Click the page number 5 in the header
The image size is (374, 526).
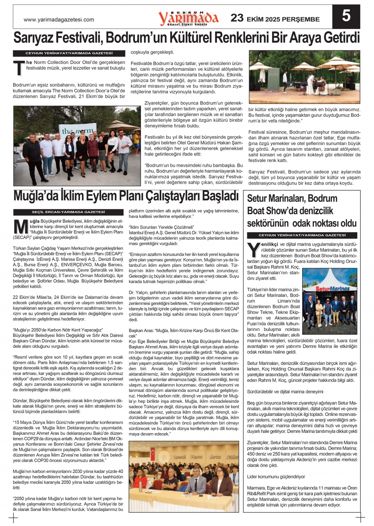(346, 16)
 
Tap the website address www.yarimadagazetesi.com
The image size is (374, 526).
(59, 20)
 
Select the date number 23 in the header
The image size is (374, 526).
(237, 18)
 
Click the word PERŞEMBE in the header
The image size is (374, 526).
(301, 19)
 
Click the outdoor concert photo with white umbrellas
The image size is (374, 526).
(304, 77)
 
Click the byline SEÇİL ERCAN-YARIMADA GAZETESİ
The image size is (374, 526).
(68, 212)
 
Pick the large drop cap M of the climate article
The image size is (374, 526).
(21, 227)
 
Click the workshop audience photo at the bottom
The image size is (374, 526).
(183, 476)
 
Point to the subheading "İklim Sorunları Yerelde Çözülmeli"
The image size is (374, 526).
(161, 227)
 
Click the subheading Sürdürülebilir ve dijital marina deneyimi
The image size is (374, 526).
(285, 391)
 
